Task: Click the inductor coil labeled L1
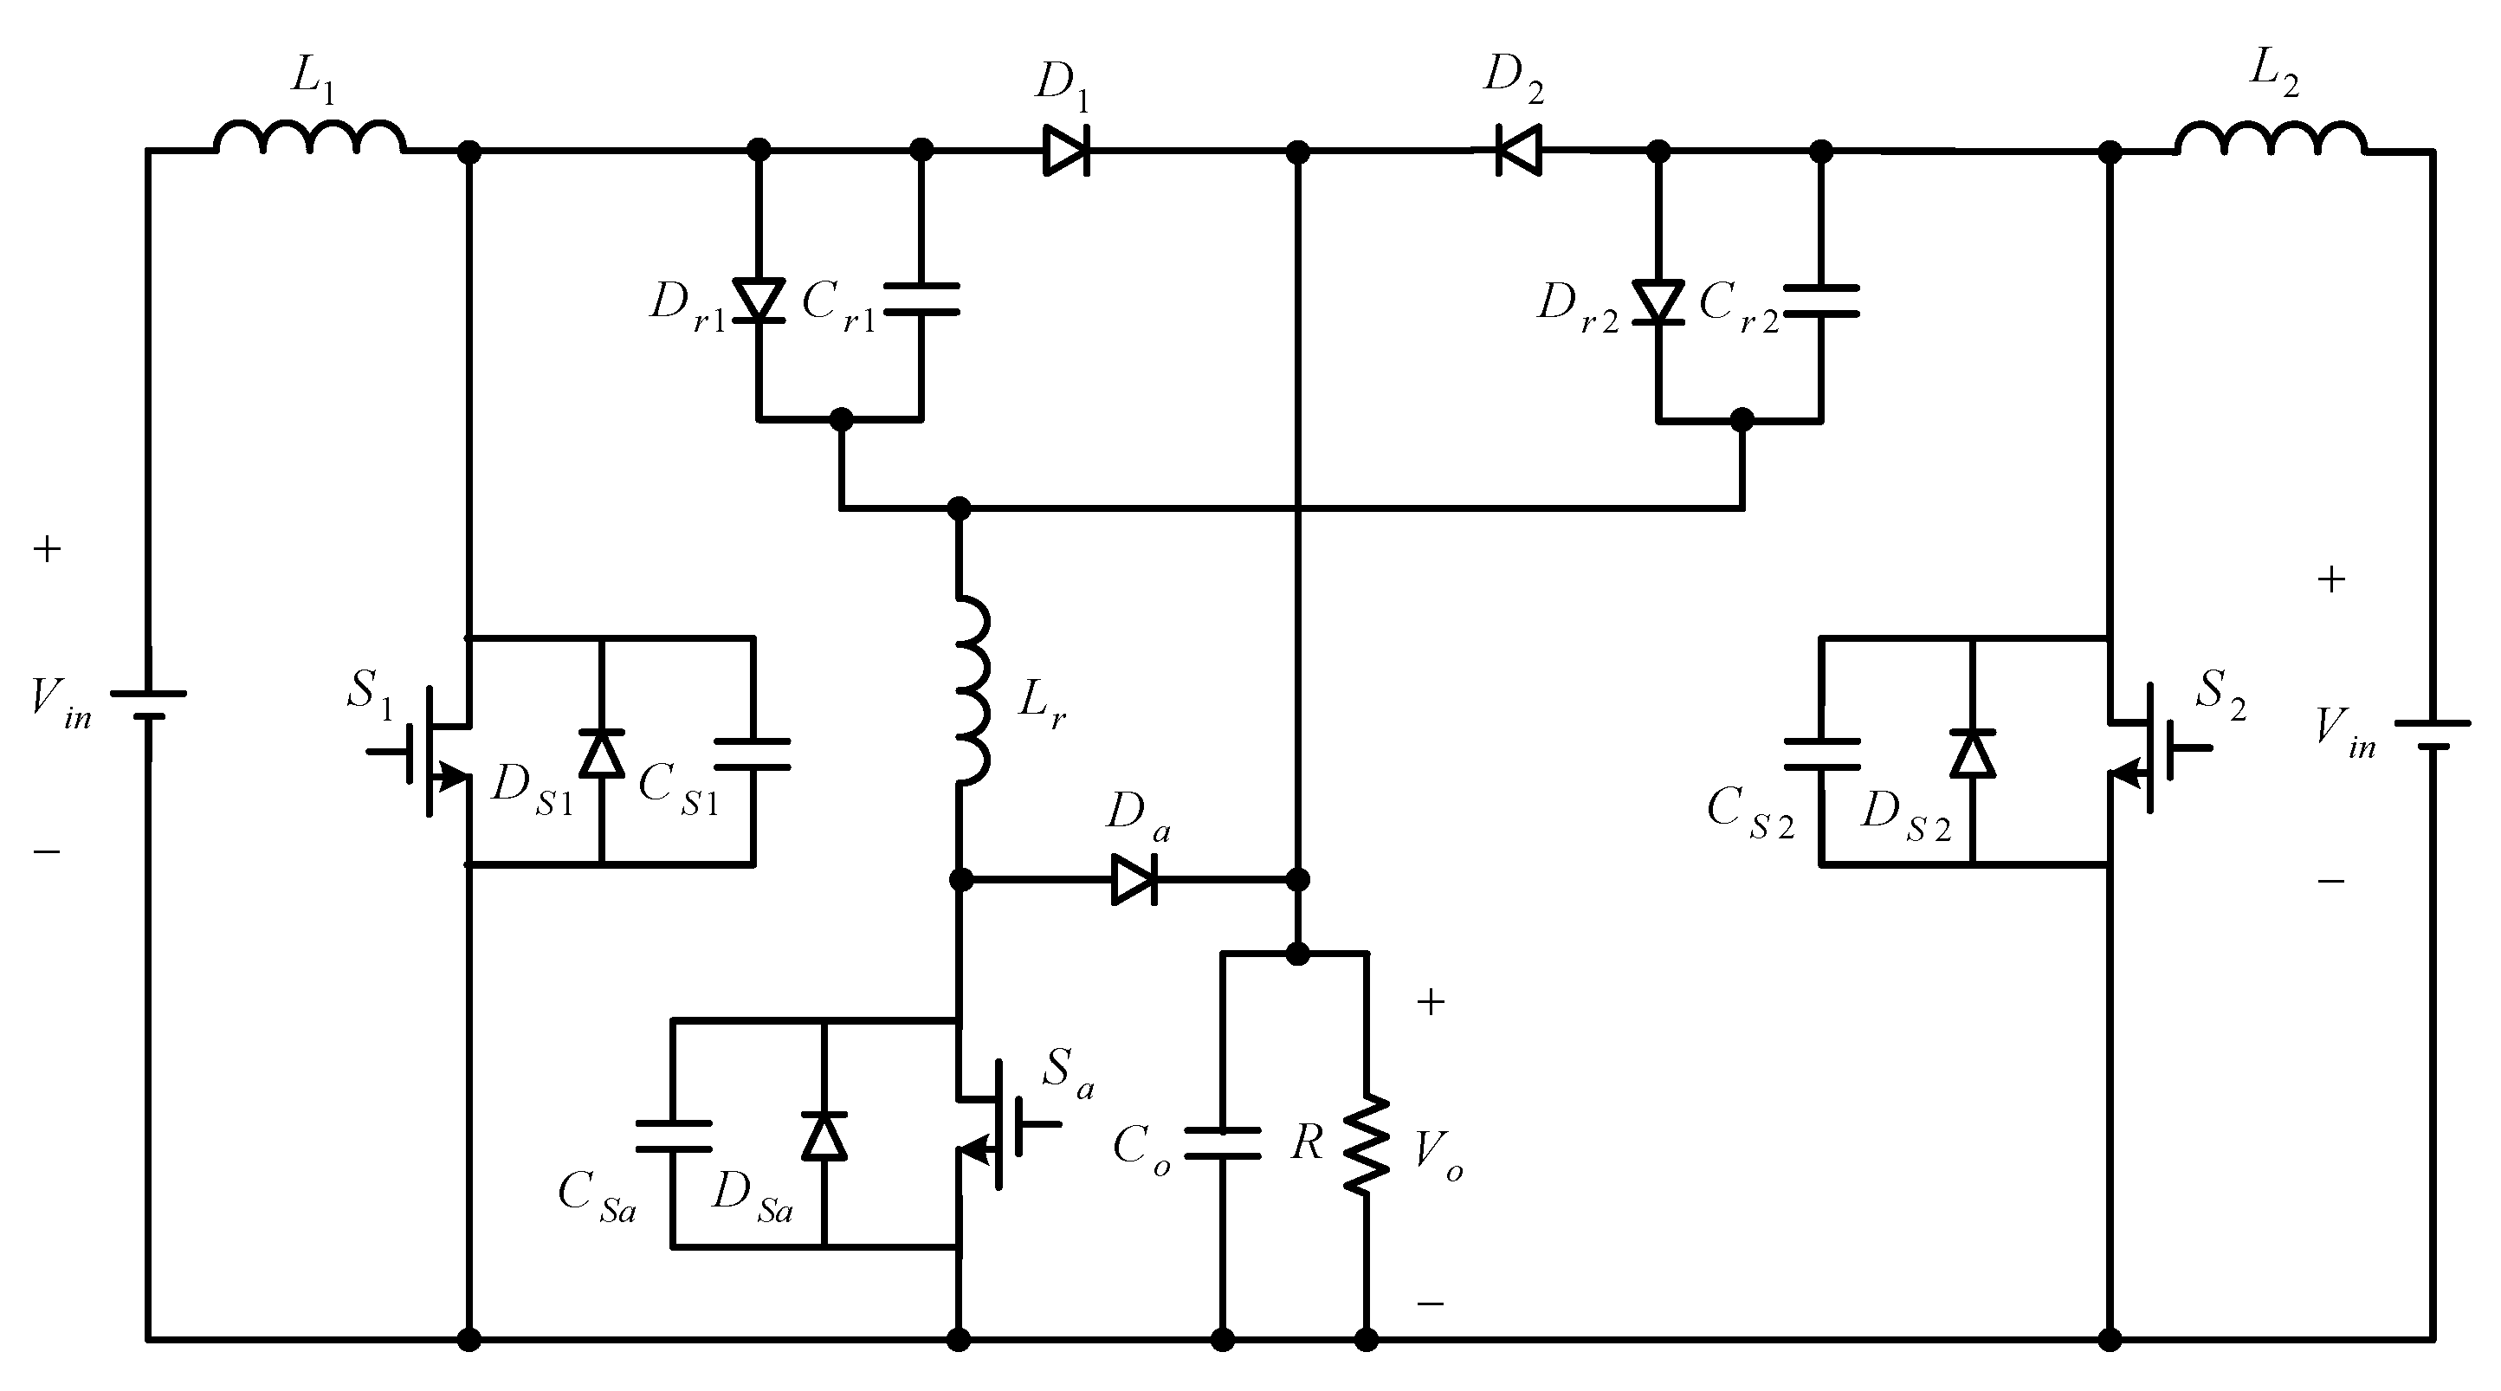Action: [x=309, y=138]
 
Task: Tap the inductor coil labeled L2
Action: [x=2270, y=138]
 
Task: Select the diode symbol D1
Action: [x=1066, y=151]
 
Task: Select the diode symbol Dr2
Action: [x=1658, y=301]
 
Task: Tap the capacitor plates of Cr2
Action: [x=1821, y=301]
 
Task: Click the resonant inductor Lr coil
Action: [x=971, y=689]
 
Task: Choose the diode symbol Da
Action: [x=1133, y=880]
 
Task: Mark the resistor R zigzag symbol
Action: [x=1366, y=1144]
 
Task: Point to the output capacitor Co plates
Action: [x=1222, y=1143]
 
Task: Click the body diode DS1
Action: [x=601, y=754]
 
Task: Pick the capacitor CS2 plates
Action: [x=1821, y=754]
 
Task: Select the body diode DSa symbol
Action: [x=824, y=1135]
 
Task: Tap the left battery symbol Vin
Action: [x=147, y=705]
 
